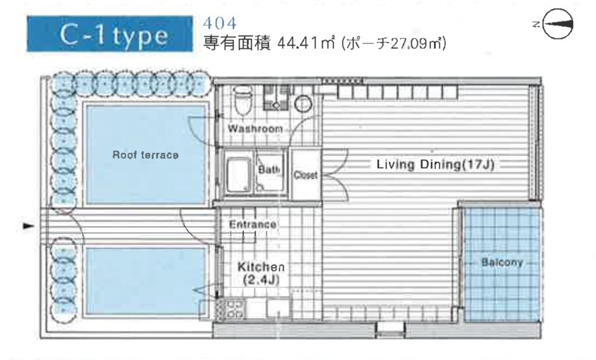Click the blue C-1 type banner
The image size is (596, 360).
coord(109,33)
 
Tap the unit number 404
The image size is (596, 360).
coord(219,23)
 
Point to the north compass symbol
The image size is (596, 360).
coord(558,24)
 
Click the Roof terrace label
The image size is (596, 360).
coord(146,155)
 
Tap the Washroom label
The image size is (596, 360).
coord(255,129)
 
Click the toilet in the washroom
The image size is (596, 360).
coord(243,99)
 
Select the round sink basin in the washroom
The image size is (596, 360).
coord(303,104)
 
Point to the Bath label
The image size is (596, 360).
coord(269,169)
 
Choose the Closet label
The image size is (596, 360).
coord(305,175)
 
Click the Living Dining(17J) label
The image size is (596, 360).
coord(435,165)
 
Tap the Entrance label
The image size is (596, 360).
coord(253,224)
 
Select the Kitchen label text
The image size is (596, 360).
coord(261,266)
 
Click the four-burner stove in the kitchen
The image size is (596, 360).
coord(235,309)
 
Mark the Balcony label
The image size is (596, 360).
coord(502,262)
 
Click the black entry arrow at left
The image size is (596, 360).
coord(28,226)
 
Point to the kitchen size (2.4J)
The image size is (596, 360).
coord(261,280)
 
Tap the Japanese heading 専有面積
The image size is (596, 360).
coord(237,43)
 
